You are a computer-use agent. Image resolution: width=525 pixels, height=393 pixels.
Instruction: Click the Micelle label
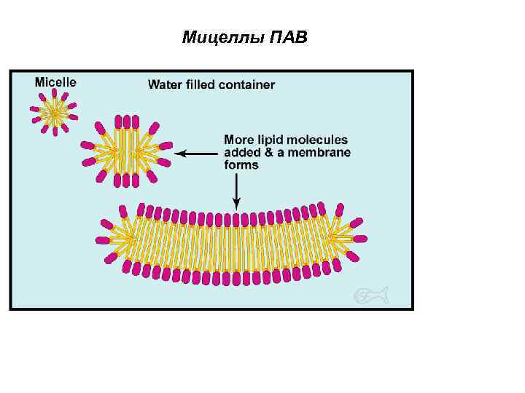55,82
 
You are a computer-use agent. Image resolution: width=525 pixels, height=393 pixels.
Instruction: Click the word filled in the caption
199,84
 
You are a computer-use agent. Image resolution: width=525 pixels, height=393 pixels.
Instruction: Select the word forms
241,165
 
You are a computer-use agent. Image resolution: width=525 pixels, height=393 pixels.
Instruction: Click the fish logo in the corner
370,295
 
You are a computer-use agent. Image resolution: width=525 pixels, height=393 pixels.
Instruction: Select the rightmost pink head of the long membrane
359,239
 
